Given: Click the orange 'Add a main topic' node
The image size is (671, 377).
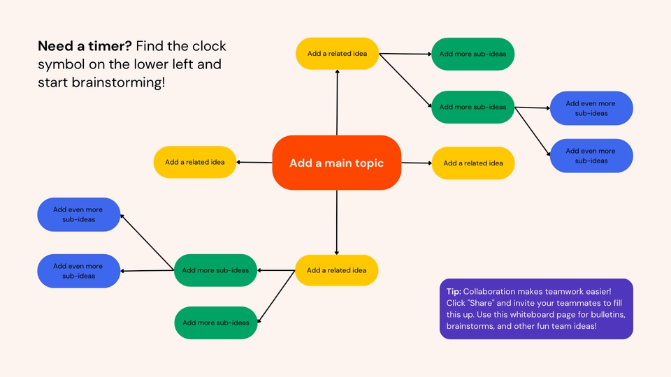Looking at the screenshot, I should click(x=336, y=163).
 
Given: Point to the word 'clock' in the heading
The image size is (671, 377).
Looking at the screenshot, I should click(x=208, y=47).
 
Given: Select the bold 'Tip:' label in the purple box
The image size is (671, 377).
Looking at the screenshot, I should click(x=454, y=290).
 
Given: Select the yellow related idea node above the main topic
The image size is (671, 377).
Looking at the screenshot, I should click(x=337, y=53).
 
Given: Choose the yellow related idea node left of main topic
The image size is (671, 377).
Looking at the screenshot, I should click(x=195, y=162).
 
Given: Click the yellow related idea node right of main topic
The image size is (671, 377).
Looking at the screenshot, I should click(x=473, y=163).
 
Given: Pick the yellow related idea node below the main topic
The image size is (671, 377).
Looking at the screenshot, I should click(x=336, y=270).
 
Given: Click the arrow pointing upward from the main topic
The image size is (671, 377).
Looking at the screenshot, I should click(x=337, y=101).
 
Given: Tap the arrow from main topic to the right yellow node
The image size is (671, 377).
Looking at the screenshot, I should click(x=417, y=163).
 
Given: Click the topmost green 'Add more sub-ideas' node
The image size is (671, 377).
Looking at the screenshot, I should click(x=472, y=54).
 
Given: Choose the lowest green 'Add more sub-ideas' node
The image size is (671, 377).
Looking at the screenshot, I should click(x=215, y=323).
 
